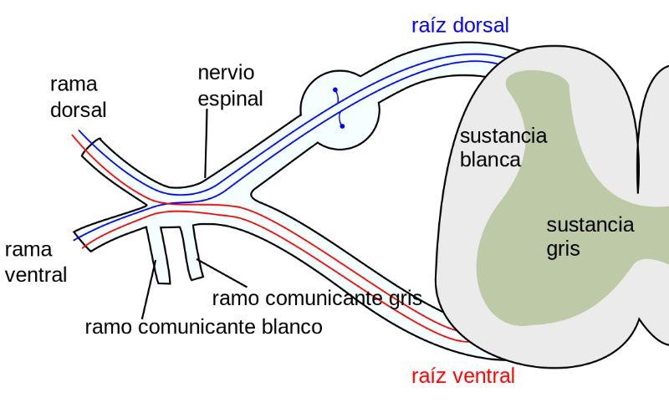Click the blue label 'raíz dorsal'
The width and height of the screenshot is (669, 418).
pos(460,25)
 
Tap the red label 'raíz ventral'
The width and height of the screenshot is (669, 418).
pos(463,376)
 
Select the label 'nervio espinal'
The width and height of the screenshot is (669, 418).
pos(230,86)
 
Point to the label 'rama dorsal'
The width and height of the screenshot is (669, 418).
pos(79,97)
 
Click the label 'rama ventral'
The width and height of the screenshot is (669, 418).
pos(36,261)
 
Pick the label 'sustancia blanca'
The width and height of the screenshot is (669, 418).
pos(503,147)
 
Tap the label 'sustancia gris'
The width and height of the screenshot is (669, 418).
pos(590,237)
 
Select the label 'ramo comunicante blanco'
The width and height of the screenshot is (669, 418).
pos(203,327)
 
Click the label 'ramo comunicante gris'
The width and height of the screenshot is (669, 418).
pos(316,298)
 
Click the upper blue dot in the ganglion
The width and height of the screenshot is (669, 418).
pos(334,89)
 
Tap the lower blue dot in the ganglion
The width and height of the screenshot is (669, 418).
pos(342,126)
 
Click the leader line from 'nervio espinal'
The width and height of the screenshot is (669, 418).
pos(207,142)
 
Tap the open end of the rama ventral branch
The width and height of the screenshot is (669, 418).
pos(80,238)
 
